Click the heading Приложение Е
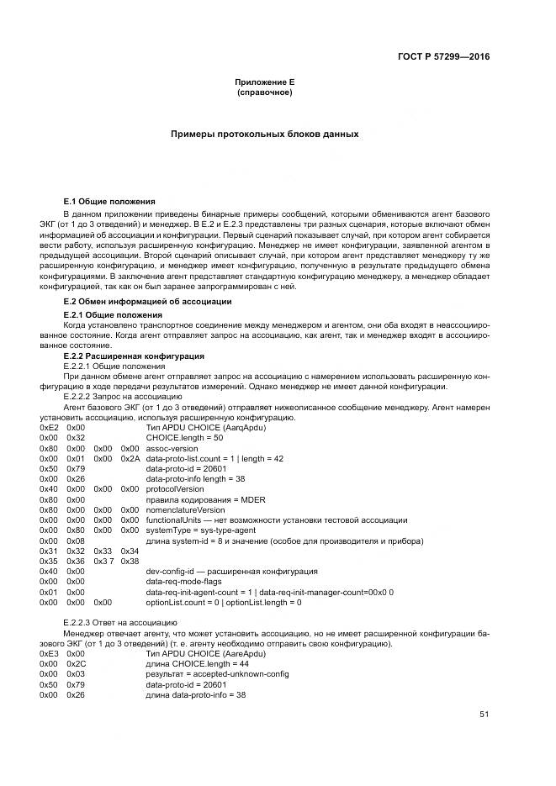pos(264,82)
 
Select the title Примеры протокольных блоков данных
pos(264,134)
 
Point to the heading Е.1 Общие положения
pos(109,202)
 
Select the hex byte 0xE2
pos(49,427)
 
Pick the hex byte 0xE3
pos(49,653)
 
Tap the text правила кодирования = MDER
pos(193,499)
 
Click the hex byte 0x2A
pos(130,458)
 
